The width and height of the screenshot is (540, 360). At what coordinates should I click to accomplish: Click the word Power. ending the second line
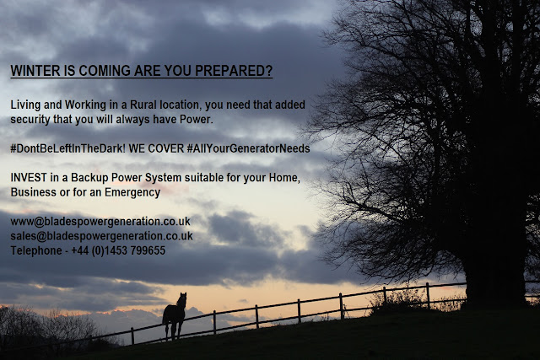[197, 120]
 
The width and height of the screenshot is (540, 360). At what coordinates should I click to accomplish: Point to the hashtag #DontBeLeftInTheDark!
[68, 148]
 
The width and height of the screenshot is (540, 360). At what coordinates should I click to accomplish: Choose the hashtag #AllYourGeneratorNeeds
[248, 148]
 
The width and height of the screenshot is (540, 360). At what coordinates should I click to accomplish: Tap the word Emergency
[132, 193]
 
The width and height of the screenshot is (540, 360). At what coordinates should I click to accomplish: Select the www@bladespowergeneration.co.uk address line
[100, 222]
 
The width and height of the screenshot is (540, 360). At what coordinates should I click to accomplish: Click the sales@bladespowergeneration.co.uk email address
[101, 236]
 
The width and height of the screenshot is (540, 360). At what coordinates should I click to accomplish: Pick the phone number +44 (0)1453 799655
[118, 250]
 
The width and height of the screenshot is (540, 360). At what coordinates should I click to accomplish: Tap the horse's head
[182, 299]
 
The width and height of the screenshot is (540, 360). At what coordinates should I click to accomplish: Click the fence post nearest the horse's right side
[214, 322]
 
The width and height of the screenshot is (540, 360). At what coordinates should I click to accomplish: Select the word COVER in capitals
[167, 148]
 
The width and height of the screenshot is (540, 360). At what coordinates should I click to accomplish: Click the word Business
[34, 192]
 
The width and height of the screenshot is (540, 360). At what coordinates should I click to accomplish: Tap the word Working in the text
[85, 105]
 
